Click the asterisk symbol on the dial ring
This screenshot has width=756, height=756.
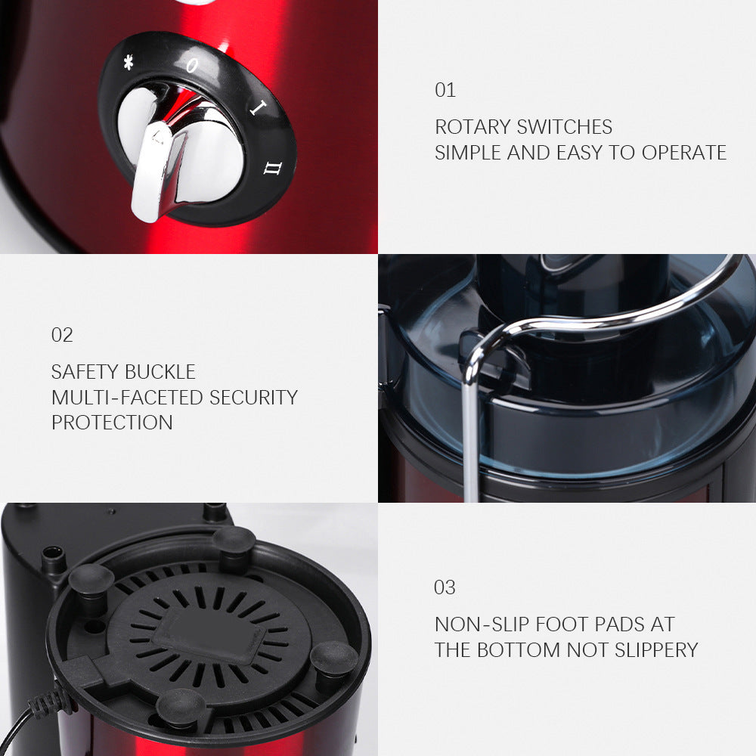[x=129, y=62]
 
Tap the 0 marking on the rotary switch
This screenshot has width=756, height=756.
[x=192, y=65]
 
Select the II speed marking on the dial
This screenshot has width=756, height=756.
[x=273, y=169]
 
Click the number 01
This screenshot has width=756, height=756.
[x=445, y=90]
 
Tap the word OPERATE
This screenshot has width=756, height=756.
[x=683, y=153]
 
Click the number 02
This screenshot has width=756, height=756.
[x=62, y=335]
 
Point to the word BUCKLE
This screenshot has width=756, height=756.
[x=160, y=372]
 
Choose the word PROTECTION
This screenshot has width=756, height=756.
[x=112, y=423]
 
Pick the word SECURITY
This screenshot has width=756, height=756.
[x=253, y=398]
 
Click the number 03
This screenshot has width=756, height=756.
[x=445, y=587]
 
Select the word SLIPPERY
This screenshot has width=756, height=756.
[x=656, y=650]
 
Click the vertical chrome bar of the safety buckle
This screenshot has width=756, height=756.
[x=470, y=434]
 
